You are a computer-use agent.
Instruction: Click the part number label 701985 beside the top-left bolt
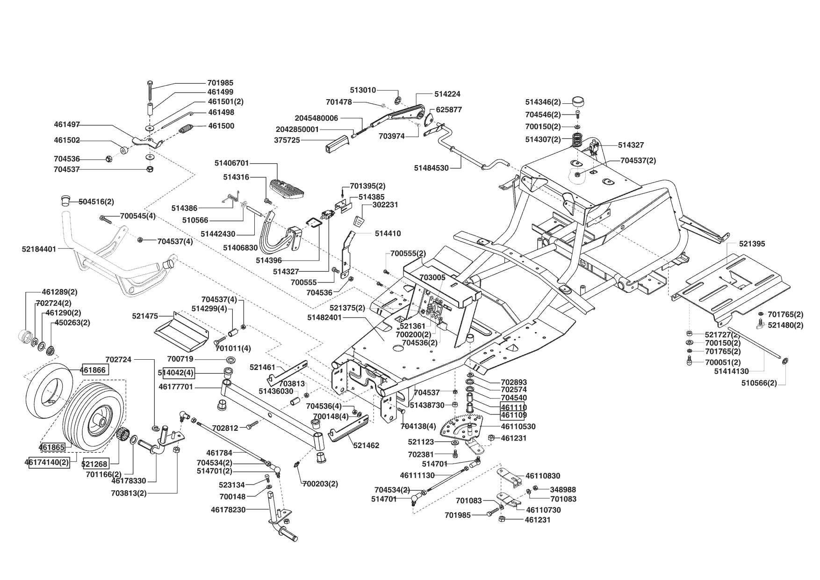click(220, 83)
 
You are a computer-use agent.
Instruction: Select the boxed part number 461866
click(95, 370)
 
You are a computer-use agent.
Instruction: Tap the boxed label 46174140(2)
click(47, 462)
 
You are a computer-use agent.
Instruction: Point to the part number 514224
click(447, 94)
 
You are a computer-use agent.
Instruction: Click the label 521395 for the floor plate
click(752, 244)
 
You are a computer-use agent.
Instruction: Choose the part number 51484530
click(432, 167)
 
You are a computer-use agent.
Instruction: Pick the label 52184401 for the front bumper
click(39, 249)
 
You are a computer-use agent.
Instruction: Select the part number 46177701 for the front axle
click(176, 387)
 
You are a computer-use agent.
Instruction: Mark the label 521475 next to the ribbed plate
click(145, 317)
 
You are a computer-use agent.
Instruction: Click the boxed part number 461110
click(513, 407)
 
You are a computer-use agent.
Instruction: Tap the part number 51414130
click(732, 371)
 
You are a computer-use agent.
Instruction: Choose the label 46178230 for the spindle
click(228, 510)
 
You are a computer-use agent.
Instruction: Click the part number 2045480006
click(316, 118)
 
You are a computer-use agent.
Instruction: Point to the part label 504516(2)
click(96, 202)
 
